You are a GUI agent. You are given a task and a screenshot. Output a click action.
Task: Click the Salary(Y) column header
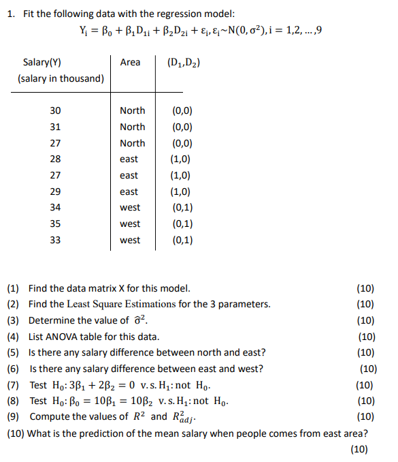[42, 63]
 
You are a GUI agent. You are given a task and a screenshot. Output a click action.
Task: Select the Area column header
[130, 63]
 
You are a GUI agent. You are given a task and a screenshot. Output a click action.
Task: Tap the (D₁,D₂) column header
[183, 63]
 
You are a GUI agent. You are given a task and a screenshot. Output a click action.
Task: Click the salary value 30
[56, 110]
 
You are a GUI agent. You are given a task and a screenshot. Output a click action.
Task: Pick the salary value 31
[56, 127]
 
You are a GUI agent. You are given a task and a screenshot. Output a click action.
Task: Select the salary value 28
[56, 159]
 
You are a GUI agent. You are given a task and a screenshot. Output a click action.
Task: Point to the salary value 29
[56, 191]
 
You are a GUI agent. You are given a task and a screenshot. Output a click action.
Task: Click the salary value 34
[56, 207]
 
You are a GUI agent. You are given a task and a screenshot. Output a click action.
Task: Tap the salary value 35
[56, 224]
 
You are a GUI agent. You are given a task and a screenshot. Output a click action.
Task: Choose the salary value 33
[56, 240]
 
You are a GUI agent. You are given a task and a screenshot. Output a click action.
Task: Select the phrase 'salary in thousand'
[61, 78]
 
